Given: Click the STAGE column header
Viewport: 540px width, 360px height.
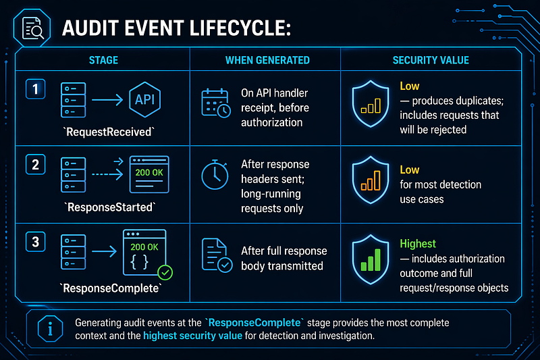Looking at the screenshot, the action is [103, 60].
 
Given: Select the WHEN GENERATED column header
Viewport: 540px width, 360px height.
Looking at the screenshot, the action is [267, 60].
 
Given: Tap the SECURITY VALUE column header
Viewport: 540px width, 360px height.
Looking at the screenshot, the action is [431, 60].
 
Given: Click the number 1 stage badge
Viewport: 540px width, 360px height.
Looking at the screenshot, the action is [36, 89].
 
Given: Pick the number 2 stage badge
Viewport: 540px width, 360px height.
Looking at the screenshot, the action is [36, 165].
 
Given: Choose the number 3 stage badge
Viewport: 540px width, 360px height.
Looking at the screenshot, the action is [36, 242].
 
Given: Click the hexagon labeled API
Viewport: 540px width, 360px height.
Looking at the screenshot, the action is [144, 99].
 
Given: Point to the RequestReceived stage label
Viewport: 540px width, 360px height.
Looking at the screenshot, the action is [109, 132].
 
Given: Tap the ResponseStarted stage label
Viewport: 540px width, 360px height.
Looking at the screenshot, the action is [110, 207].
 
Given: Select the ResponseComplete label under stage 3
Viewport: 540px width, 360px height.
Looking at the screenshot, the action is [111, 288].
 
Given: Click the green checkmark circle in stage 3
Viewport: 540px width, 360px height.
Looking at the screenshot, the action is [165, 272].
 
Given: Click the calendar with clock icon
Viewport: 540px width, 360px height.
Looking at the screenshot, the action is [216, 103].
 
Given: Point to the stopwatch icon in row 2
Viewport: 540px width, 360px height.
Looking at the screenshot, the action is [215, 175].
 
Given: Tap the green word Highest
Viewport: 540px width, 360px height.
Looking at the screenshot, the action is [418, 244].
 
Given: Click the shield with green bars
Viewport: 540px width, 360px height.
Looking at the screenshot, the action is [371, 259].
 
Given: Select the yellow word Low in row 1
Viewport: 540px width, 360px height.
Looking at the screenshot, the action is [410, 86].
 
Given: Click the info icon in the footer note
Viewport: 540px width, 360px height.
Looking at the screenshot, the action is [50, 329].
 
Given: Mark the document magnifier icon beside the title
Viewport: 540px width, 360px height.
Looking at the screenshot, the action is [32, 28].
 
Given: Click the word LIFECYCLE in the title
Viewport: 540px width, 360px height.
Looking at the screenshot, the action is [240, 28].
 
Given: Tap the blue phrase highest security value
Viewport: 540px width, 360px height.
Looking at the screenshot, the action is [192, 336].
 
